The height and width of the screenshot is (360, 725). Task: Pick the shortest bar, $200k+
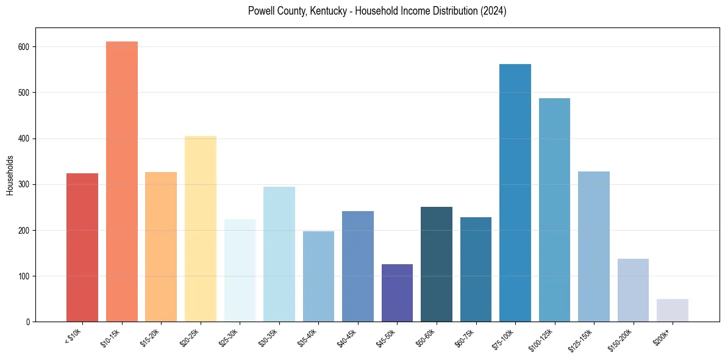pyautogui.click(x=672, y=311)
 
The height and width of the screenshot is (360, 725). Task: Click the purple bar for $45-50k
pyautogui.click(x=397, y=293)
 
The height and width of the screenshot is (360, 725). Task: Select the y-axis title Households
pyautogui.click(x=10, y=175)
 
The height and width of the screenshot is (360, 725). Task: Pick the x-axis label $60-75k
pyautogui.click(x=465, y=337)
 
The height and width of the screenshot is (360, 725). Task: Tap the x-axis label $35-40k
pyautogui.click(x=307, y=337)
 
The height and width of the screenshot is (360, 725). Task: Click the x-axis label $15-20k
pyautogui.click(x=150, y=337)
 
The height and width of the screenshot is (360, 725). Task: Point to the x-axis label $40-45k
pyautogui.click(x=346, y=337)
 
